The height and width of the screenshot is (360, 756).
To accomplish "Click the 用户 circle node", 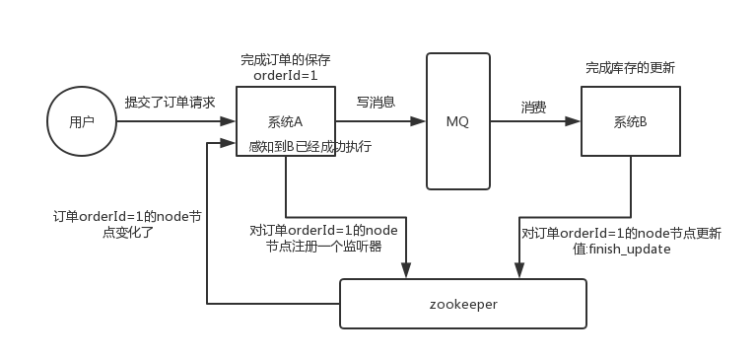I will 82,121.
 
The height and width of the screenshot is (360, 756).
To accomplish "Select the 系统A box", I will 285,121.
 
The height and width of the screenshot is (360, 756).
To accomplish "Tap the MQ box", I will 458,121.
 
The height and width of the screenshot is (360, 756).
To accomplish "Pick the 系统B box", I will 630,121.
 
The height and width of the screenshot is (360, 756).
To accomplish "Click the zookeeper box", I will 463,304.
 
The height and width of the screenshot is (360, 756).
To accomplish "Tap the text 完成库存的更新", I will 630,68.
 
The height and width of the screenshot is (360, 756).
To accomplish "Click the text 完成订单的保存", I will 285,60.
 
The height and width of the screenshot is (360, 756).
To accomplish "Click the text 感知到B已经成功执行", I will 310,147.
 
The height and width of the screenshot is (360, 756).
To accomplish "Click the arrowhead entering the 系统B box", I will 575,122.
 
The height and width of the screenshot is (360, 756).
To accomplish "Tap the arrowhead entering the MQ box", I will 421,122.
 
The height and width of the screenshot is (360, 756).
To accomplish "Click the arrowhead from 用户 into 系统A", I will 230,122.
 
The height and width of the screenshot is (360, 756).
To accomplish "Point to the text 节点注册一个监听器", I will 323,247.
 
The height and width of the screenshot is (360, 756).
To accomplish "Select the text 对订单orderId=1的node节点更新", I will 621,234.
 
